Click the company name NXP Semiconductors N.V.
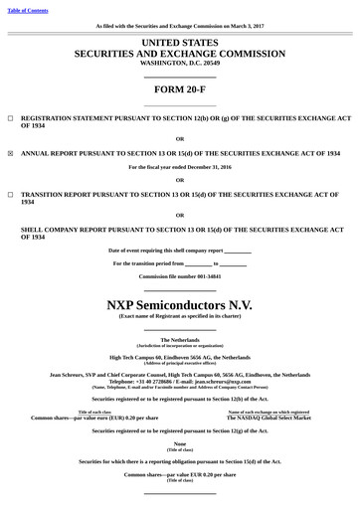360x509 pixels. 180,302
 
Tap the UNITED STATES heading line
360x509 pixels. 180,44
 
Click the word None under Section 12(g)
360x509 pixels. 180,443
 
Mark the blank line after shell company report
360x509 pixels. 238,251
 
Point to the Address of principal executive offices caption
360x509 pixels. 180,361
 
